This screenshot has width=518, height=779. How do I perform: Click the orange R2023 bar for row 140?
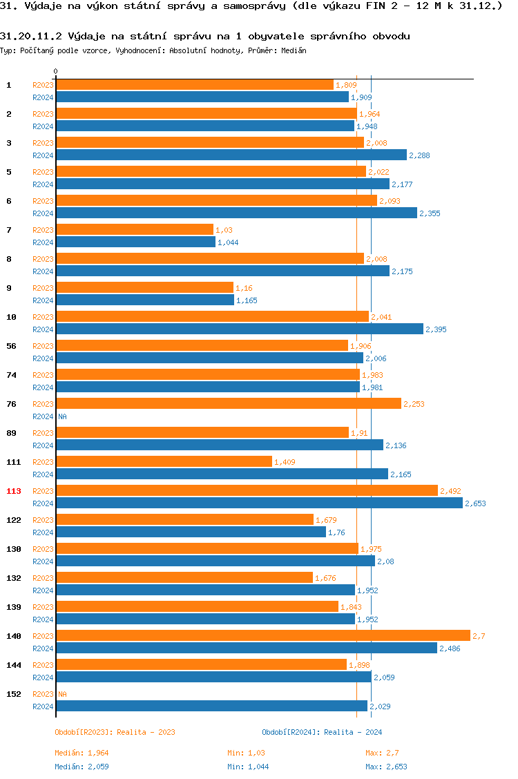[x=262, y=635]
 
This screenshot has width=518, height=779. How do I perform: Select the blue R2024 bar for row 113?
[x=259, y=503]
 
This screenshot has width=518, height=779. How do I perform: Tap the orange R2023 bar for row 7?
[x=135, y=229]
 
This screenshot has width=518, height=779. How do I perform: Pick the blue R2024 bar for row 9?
[x=145, y=300]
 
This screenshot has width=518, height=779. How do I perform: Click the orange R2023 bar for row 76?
[x=228, y=403]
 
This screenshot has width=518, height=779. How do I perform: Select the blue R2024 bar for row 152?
[x=211, y=706]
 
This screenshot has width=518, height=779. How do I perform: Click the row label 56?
[x=12, y=346]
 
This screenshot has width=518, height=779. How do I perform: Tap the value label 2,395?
[x=436, y=329]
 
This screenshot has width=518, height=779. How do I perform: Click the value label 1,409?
[x=285, y=462]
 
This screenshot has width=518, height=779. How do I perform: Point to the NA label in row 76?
[x=62, y=416]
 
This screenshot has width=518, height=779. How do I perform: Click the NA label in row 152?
[x=62, y=694]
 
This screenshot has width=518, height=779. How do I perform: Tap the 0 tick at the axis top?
[x=56, y=71]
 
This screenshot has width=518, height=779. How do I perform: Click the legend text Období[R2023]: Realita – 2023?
[x=115, y=732]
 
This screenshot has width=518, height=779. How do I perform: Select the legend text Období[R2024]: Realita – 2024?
[x=322, y=732]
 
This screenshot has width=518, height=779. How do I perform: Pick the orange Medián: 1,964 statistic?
[x=81, y=753]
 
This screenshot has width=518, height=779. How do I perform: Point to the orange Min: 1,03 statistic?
[x=247, y=753]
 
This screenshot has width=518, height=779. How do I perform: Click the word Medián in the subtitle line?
[x=294, y=50]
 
